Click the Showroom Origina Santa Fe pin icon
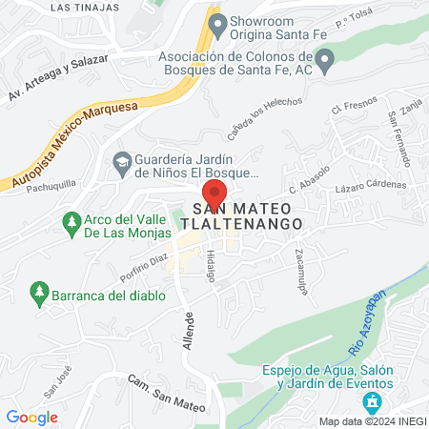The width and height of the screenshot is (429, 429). [218, 21]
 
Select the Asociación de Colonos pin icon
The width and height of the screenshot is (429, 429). [325, 64]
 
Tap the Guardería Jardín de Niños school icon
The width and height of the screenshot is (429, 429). [121, 161]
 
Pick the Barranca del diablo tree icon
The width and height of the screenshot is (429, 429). [39, 290]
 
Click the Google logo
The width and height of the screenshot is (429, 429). [31, 417]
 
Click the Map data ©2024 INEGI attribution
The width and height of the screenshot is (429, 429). [372, 420]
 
